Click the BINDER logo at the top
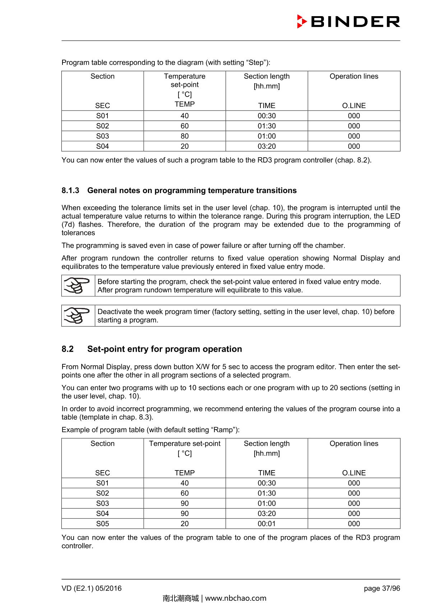point(348,22)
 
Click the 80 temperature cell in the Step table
point(185,136)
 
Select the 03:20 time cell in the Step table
point(267,146)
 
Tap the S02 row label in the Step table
point(102,126)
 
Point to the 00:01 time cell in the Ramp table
point(267,524)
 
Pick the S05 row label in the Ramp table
point(102,524)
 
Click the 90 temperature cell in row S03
point(185,503)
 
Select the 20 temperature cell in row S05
point(185,524)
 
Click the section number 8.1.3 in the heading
point(70,191)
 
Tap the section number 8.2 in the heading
point(68,349)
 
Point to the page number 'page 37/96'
point(382,588)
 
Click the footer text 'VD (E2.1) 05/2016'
point(92,588)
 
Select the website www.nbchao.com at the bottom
point(236,598)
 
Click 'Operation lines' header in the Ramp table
point(354,444)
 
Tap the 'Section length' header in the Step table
point(267,76)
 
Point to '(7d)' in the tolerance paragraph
point(68,225)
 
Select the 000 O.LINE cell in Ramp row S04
point(354,514)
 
